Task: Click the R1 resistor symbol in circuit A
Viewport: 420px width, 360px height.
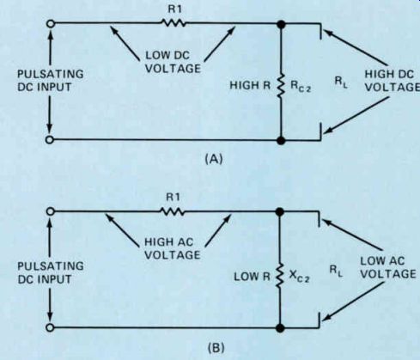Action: (x=173, y=23)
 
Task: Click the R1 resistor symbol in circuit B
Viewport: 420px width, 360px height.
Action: (x=173, y=211)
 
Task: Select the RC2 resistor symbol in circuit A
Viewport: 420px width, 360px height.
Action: (x=281, y=86)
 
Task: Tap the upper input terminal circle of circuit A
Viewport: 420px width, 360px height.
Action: (x=51, y=23)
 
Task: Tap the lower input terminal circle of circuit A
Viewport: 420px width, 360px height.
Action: (x=50, y=140)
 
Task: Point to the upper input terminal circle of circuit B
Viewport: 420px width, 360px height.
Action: (x=51, y=211)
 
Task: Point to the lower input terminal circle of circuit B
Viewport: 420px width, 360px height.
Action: (x=50, y=327)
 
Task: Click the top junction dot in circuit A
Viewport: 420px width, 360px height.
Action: (x=281, y=24)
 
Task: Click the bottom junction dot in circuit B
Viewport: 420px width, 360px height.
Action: (x=280, y=328)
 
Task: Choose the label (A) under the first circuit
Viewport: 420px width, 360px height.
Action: (x=214, y=159)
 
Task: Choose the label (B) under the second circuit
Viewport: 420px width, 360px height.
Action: (x=216, y=348)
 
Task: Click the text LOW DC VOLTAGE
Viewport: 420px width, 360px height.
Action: (x=173, y=62)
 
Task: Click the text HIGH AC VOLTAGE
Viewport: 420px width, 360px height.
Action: (x=172, y=248)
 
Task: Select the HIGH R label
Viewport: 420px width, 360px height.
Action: (x=250, y=85)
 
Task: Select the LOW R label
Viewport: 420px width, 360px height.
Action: (x=252, y=277)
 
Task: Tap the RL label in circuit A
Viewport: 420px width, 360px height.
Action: (x=341, y=82)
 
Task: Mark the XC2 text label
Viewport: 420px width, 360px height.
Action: (x=299, y=276)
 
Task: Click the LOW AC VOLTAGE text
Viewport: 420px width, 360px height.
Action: (x=388, y=267)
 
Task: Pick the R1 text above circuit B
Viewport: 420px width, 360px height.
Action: (x=173, y=198)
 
